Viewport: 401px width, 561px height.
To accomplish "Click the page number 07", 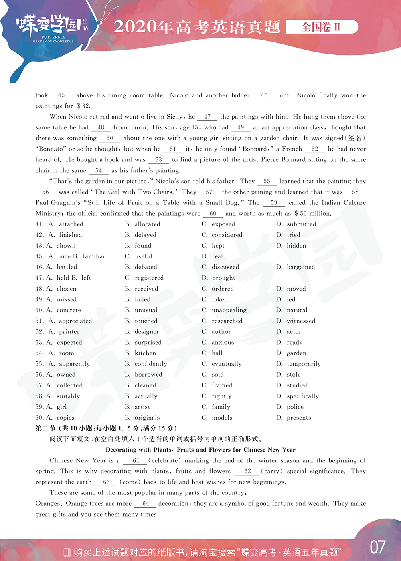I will click(x=377, y=547).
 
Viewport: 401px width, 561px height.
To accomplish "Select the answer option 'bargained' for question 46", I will click(x=301, y=267).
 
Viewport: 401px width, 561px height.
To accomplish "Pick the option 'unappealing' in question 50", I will click(x=229, y=310).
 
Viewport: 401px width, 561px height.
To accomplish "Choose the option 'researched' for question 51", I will click(x=227, y=321).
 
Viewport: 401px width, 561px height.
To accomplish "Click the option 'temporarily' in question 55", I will click(x=304, y=364).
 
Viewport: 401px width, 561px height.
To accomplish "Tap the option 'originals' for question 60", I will click(x=147, y=418).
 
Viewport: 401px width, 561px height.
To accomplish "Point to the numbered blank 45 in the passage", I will click(x=61, y=95).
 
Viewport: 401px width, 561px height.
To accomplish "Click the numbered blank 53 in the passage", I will click(x=158, y=160).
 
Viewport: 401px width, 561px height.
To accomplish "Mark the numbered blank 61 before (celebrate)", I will click(x=136, y=461).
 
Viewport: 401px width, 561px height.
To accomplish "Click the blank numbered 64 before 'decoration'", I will click(x=146, y=504).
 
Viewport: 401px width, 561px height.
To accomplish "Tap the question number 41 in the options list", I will click(x=39, y=224).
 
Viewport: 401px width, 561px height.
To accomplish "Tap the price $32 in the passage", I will click(x=83, y=106).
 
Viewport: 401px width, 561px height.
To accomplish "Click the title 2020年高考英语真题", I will click(x=197, y=27).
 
